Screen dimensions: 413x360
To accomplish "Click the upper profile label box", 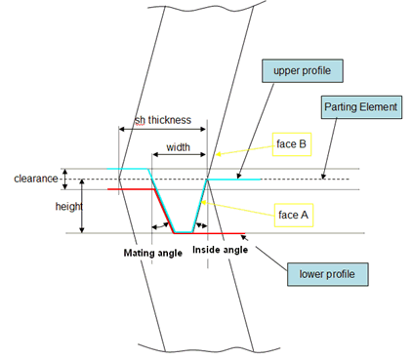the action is pos(303,71).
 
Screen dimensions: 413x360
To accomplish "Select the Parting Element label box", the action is pos(361,107).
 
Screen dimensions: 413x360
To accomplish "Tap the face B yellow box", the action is pos(292,144).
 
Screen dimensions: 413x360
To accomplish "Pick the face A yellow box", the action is pos(294,215).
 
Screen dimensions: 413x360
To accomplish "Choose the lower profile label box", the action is pos(328,274).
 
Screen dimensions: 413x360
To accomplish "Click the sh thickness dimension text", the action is pos(163,120).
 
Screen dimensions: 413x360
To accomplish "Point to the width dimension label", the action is pos(178,147).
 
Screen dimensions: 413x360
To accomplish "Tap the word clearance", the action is pos(36,179).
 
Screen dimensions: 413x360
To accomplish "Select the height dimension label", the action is pos(68,206).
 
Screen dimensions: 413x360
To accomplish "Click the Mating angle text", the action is pos(153,253).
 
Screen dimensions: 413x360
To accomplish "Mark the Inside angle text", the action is pos(221,250).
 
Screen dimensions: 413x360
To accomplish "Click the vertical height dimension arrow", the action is pos(82,206).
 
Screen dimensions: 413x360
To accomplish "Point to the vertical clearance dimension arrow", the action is pos(65,179).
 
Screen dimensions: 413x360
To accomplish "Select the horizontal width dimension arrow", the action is pos(179,154).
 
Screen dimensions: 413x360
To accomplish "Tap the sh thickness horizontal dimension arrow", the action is pos(162,129).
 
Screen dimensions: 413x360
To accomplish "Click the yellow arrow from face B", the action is pos(244,150).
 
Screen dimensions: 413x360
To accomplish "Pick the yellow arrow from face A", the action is pos(237,209).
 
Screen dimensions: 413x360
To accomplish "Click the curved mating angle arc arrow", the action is pos(161,225).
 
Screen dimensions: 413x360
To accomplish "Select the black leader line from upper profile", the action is pos(256,131).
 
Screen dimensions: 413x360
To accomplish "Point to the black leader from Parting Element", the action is pos(329,148).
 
